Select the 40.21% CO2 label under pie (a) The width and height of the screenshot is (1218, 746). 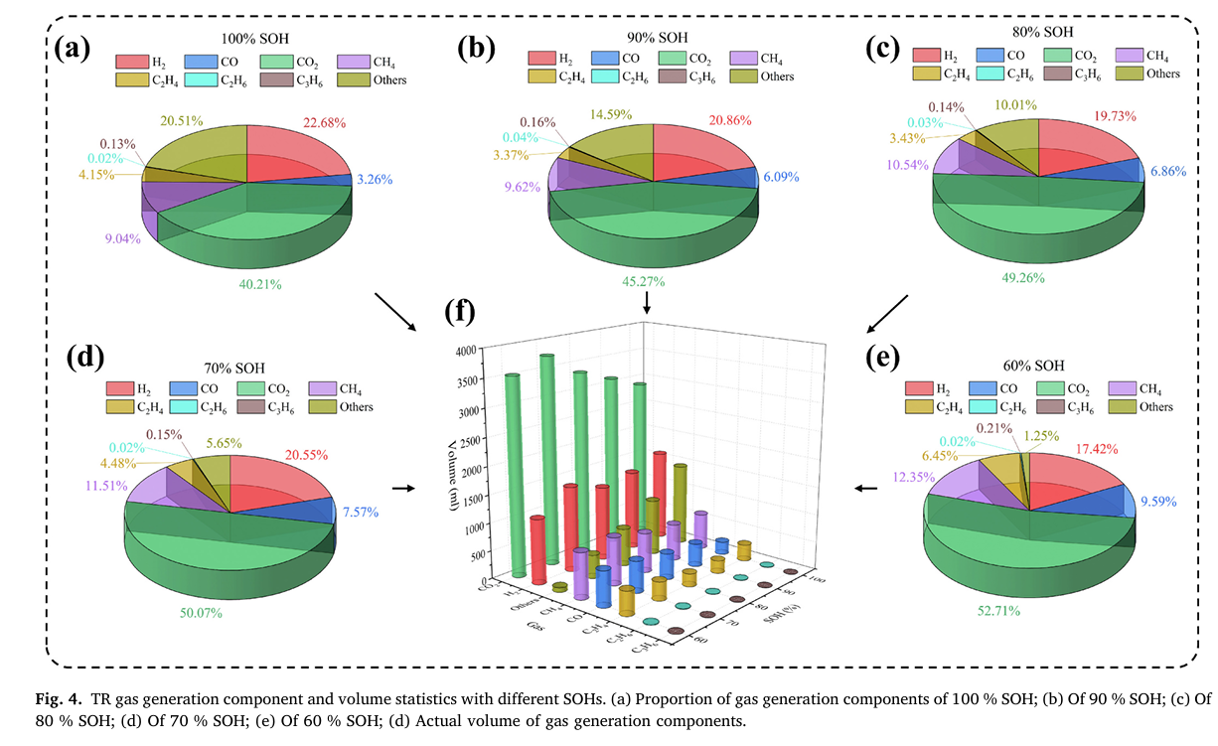(x=260, y=284)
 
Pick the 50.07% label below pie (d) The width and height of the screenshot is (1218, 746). (x=200, y=613)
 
